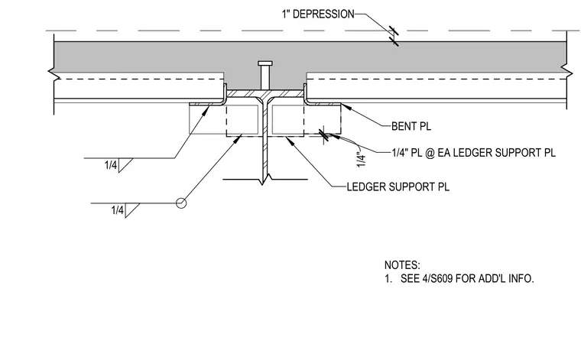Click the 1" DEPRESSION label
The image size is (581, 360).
(318, 15)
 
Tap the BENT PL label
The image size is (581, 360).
(411, 126)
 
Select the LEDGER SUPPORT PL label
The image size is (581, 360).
(398, 186)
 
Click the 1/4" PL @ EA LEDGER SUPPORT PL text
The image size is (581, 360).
(473, 153)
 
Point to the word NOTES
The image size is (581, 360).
(402, 265)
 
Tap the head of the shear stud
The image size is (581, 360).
(265, 63)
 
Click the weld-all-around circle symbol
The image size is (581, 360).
(181, 203)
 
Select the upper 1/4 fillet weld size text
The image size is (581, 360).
(111, 165)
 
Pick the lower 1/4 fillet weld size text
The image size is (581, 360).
(118, 210)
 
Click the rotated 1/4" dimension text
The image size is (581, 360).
(362, 159)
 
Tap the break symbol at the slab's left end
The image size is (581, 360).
(54, 73)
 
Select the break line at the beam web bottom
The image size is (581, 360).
(265, 180)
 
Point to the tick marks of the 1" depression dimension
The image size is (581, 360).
(394, 36)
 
